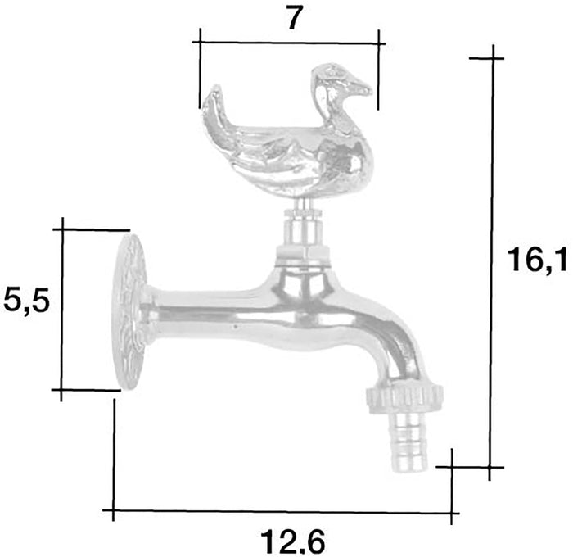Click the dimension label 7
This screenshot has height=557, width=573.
296,18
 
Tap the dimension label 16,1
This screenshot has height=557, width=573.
537,260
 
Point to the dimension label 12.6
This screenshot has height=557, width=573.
293,541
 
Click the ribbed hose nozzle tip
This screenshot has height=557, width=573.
411,442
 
